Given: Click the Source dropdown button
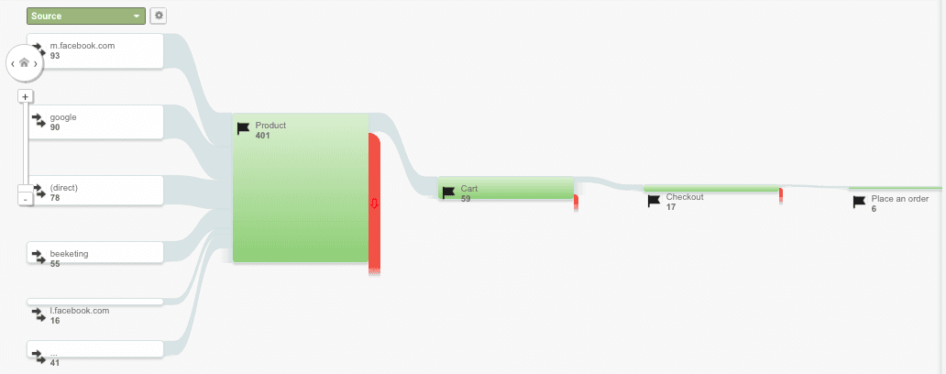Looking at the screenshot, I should (x=86, y=16).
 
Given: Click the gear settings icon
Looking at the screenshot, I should (x=159, y=16).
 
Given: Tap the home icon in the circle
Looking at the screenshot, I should (x=24, y=63).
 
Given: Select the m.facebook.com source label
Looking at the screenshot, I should (x=82, y=46).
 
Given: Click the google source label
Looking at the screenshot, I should (x=63, y=117).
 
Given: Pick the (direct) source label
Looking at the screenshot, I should (x=64, y=188).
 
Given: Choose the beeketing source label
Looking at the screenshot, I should (x=69, y=253).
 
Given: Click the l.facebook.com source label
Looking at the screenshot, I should (x=80, y=310).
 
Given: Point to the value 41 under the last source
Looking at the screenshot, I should (x=56, y=363).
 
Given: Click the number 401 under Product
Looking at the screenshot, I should (x=263, y=136).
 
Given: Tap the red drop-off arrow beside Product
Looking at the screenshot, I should (x=373, y=204).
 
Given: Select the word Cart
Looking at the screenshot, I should (x=469, y=189).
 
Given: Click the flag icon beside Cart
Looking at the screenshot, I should (x=448, y=192).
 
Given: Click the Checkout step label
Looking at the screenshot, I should (x=685, y=197).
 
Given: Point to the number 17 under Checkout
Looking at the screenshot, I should (x=671, y=207).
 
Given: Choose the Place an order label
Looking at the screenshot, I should (x=900, y=199).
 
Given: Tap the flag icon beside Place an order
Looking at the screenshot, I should (x=859, y=202).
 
